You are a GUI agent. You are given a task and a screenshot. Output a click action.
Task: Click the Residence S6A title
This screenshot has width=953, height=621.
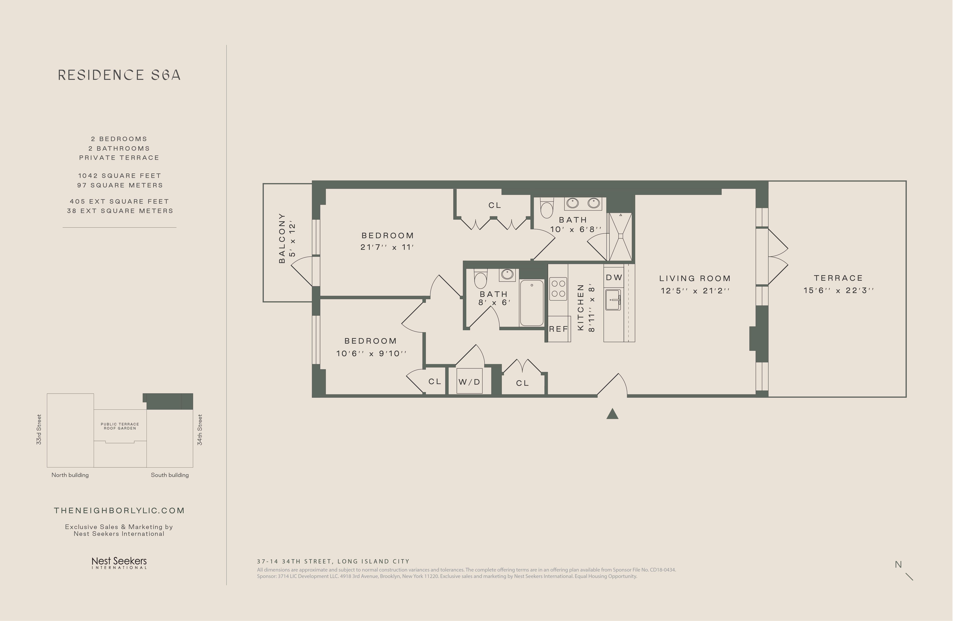tap(119, 75)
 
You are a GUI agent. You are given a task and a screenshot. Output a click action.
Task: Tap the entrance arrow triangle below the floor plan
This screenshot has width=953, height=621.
tap(612, 414)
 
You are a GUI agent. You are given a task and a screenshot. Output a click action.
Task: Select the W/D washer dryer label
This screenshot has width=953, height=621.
tap(469, 382)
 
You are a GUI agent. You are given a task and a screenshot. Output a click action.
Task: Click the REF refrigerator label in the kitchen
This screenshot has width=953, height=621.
tap(559, 329)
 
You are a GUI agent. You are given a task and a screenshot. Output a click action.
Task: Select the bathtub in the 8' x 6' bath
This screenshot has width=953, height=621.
tap(532, 302)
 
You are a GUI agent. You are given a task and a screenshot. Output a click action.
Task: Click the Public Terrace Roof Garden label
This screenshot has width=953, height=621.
tap(120, 426)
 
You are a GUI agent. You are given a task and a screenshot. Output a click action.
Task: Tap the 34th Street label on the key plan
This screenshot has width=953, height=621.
tap(200, 430)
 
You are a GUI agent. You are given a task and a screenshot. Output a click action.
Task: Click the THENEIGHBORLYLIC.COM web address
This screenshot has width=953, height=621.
tap(119, 511)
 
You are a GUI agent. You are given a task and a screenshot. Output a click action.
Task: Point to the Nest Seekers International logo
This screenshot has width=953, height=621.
tap(119, 563)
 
